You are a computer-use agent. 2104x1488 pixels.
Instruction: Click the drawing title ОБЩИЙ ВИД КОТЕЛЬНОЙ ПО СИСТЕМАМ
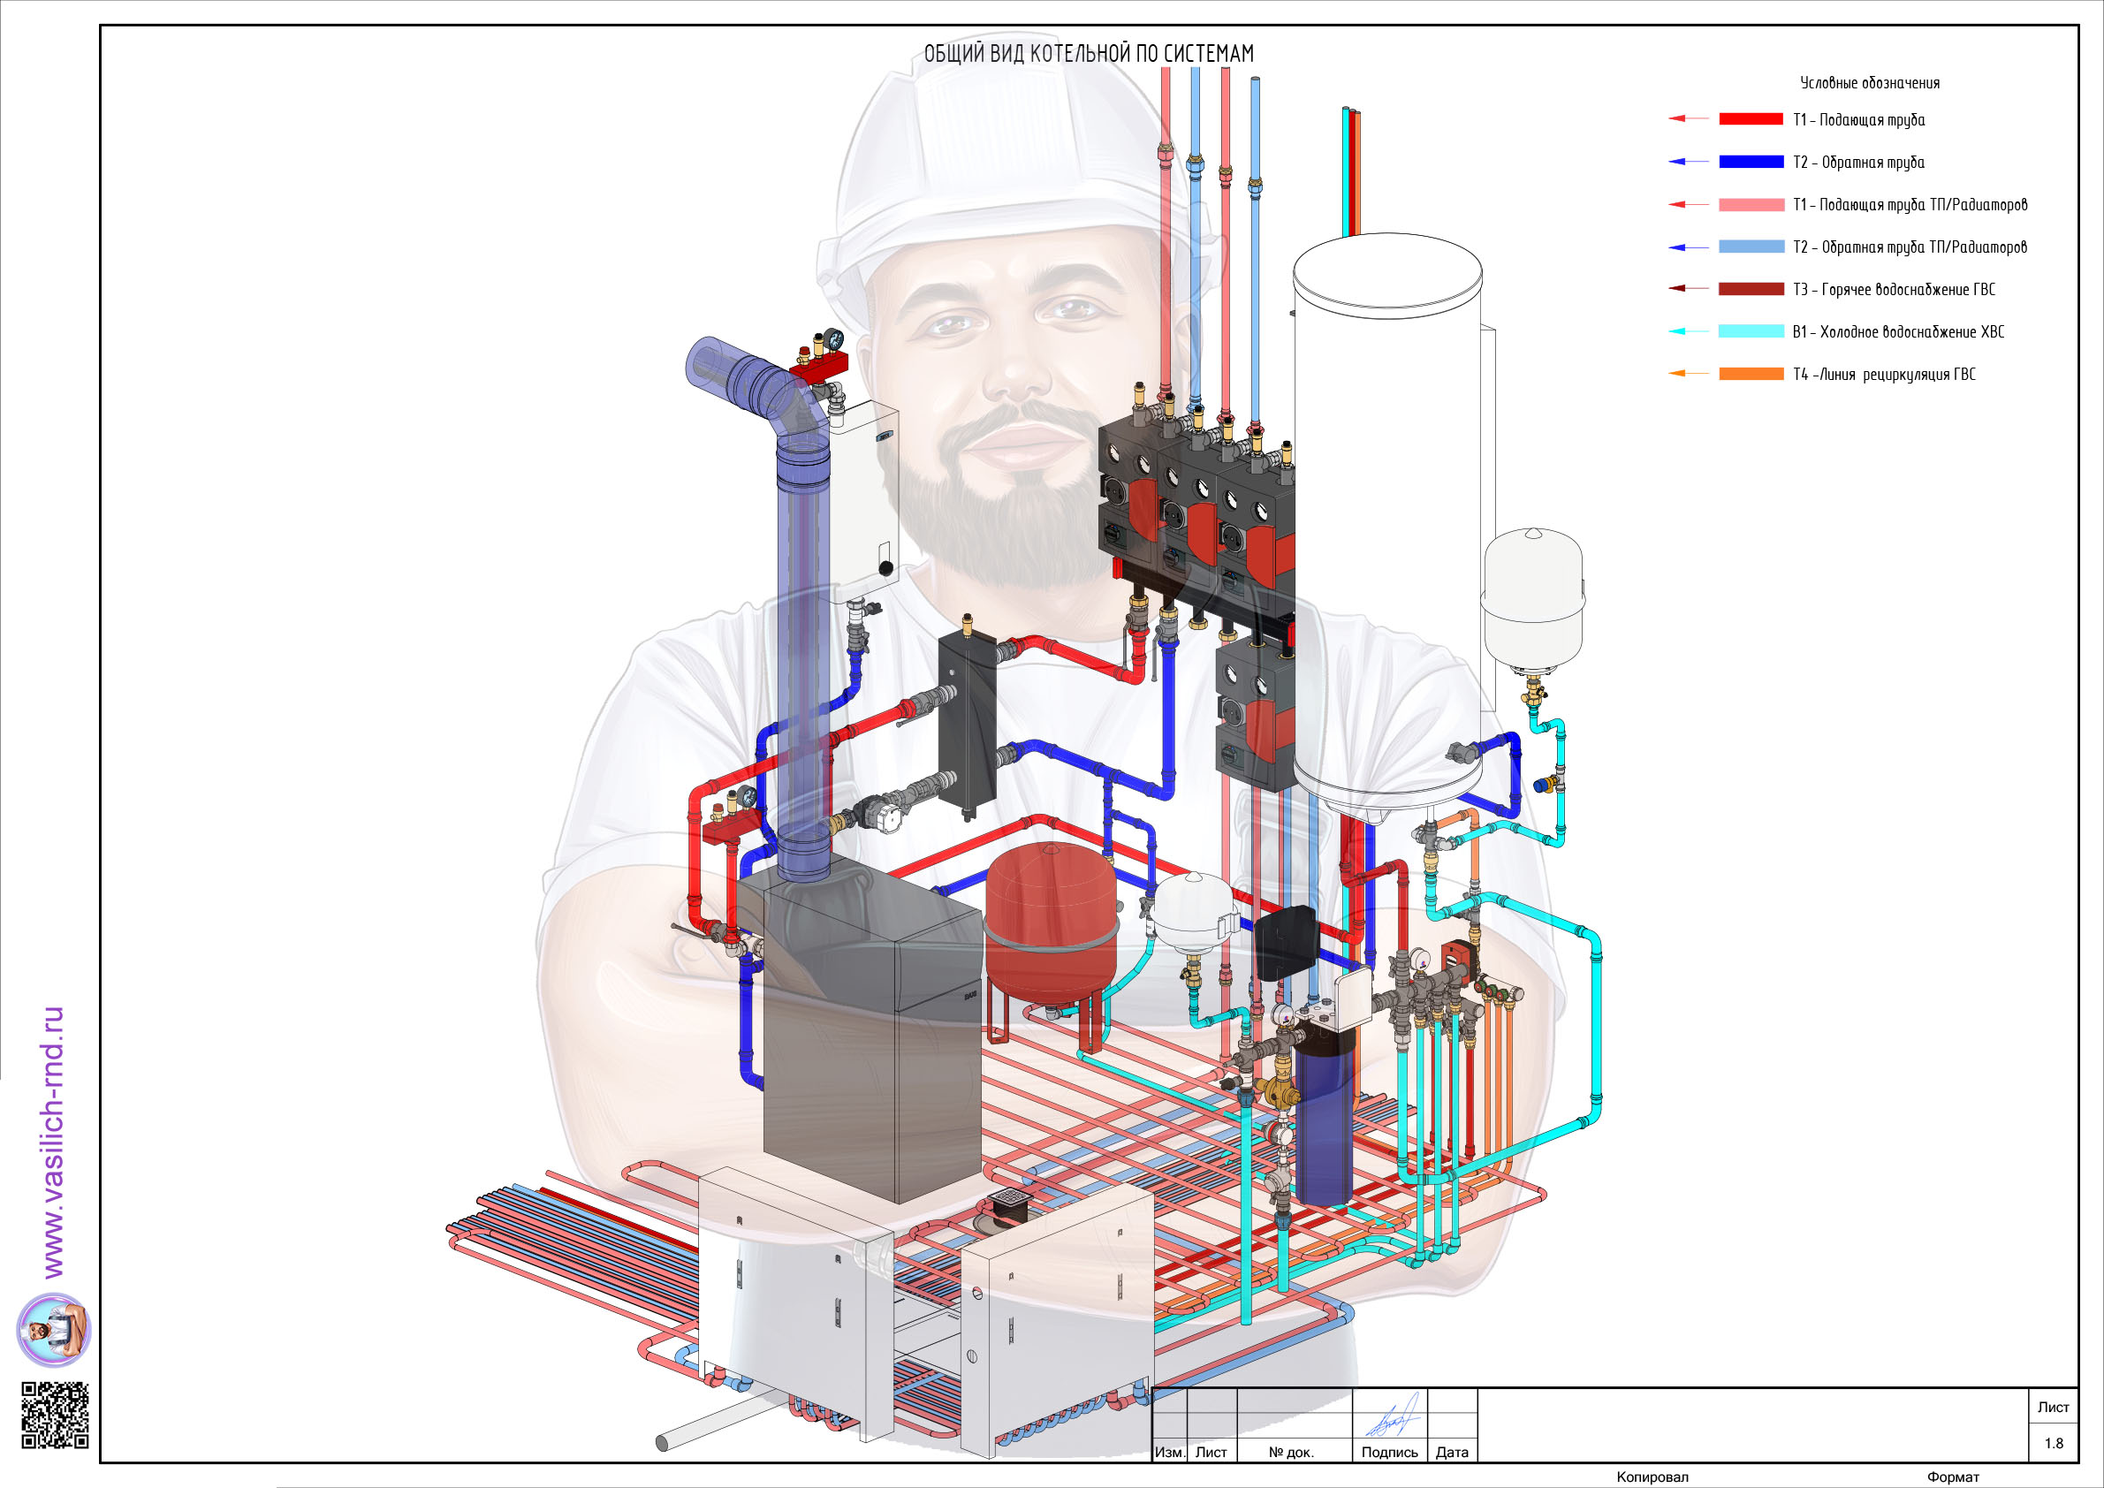pyautogui.click(x=1089, y=54)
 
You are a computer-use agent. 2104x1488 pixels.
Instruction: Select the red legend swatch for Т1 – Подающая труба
pyautogui.click(x=1751, y=119)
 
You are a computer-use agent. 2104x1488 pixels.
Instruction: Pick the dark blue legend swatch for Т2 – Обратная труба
pyautogui.click(x=1751, y=162)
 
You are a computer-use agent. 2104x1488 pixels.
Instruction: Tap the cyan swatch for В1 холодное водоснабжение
pyautogui.click(x=1751, y=330)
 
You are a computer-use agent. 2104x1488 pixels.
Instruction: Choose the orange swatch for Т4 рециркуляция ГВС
pyautogui.click(x=1751, y=374)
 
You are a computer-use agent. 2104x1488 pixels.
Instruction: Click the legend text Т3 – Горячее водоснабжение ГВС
pyautogui.click(x=1893, y=290)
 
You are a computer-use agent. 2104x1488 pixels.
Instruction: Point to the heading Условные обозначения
pyautogui.click(x=1870, y=82)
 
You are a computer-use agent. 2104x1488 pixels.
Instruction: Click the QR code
pyautogui.click(x=55, y=1415)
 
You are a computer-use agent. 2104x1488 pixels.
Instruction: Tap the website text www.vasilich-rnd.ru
pyautogui.click(x=53, y=1142)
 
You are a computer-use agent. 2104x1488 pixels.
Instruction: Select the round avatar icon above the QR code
pyautogui.click(x=54, y=1330)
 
